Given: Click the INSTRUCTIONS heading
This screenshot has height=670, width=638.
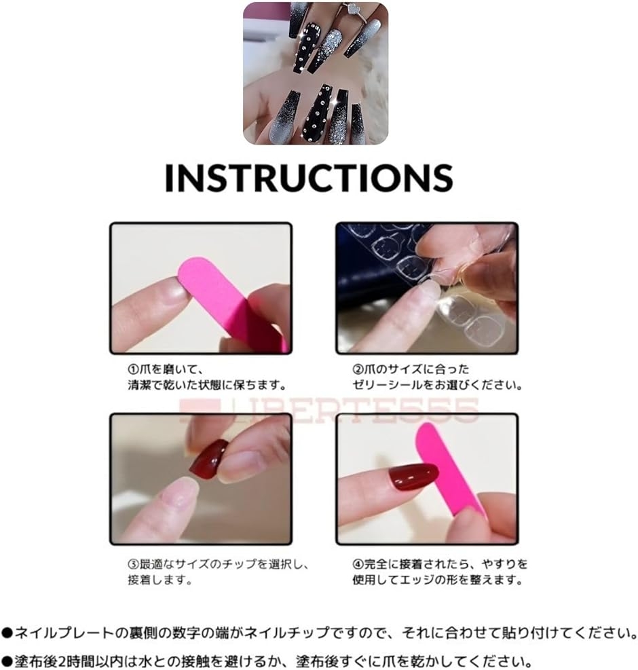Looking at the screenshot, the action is [x=309, y=177].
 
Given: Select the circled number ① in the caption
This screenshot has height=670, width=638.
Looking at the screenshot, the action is [x=133, y=369].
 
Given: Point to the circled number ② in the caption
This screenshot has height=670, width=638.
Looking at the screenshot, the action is [x=358, y=369].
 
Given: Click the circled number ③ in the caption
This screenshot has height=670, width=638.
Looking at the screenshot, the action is [x=133, y=564].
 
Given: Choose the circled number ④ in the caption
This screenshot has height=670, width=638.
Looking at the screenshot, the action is [x=358, y=564].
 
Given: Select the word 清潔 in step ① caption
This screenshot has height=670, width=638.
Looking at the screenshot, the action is [x=139, y=385].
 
